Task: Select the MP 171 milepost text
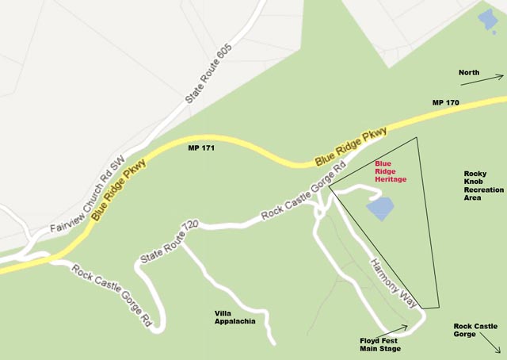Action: (x=202, y=147)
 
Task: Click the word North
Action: (x=469, y=73)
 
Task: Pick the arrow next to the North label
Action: (x=494, y=78)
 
